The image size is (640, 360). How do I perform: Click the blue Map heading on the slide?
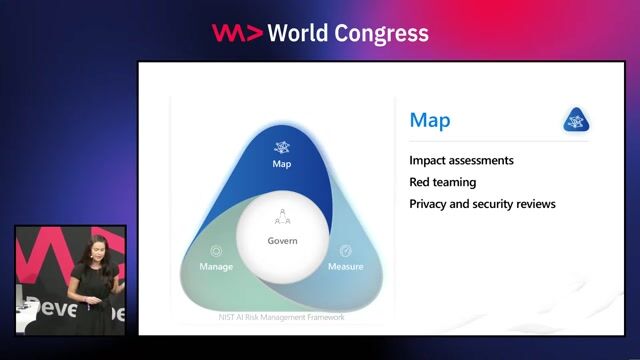point(430,121)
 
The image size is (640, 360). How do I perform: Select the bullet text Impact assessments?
point(461,160)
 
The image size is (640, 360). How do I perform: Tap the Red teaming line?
point(442,182)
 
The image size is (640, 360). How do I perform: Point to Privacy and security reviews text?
point(482,204)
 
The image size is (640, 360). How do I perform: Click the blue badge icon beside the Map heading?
point(575,120)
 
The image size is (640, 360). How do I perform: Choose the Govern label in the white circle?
point(283,241)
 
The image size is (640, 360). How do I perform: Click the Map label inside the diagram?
point(282,163)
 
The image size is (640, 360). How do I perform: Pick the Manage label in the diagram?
point(216,267)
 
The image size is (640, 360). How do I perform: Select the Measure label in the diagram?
point(346,267)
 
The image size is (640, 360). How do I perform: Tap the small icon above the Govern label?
point(283,218)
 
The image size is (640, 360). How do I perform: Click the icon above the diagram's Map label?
point(282,146)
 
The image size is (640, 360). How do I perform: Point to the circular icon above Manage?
point(216,251)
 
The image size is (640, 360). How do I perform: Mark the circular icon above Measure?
point(346,251)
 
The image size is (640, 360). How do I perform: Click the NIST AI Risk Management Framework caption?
point(282,318)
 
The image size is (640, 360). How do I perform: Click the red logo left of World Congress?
point(237,33)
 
